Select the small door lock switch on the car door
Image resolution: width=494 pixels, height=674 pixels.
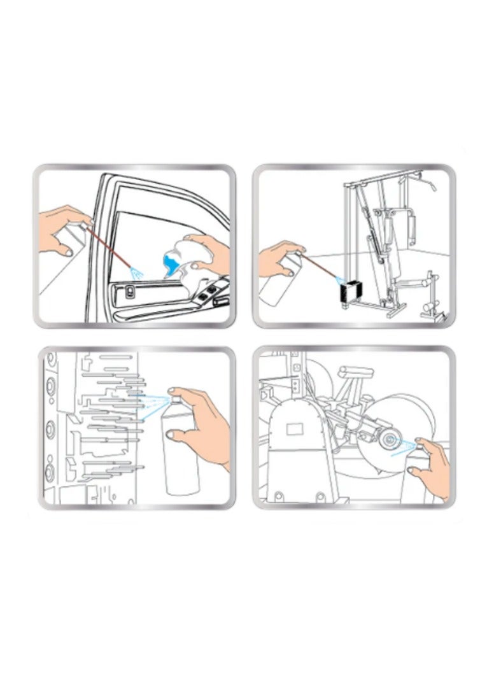[x=130, y=293]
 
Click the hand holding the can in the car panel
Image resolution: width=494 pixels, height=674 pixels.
[x=61, y=227]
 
